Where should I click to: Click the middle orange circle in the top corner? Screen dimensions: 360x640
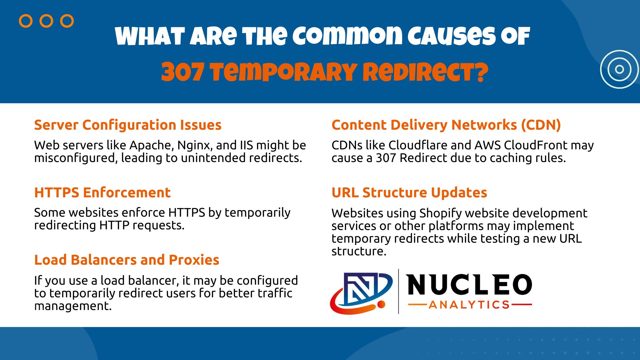click(46, 21)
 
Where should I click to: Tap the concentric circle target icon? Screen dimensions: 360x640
click(619, 69)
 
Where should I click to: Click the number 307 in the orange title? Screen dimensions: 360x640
click(182, 72)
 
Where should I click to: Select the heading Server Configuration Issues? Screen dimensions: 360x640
click(128, 125)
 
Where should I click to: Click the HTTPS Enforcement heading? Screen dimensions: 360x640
click(102, 193)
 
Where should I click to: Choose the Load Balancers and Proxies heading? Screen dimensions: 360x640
click(127, 260)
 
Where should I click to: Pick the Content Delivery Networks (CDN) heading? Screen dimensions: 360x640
click(446, 125)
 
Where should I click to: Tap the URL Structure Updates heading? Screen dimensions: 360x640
click(409, 193)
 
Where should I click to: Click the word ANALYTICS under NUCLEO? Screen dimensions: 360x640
click(469, 305)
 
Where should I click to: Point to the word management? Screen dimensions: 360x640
click(72, 306)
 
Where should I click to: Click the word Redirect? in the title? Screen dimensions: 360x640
click(425, 72)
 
